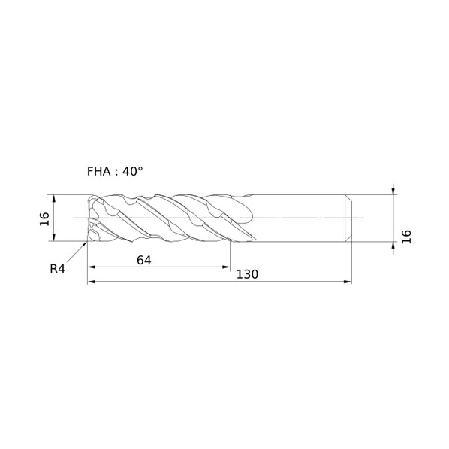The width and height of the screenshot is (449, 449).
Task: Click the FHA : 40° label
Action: point(115,171)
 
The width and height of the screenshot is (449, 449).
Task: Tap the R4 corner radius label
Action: point(57,269)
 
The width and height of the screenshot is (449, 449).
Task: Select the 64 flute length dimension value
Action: point(143,260)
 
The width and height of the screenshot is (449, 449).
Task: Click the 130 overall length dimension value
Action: point(247,274)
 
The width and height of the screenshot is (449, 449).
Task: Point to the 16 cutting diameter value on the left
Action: point(44,219)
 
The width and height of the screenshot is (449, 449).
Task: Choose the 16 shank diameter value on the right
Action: point(406,237)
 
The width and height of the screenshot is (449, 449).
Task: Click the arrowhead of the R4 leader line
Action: point(85,243)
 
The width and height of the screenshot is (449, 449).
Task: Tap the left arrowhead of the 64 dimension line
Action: point(91,267)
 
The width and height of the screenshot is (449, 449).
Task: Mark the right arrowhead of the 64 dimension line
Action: point(226,267)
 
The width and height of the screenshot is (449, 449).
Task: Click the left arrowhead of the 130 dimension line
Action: point(91,282)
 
